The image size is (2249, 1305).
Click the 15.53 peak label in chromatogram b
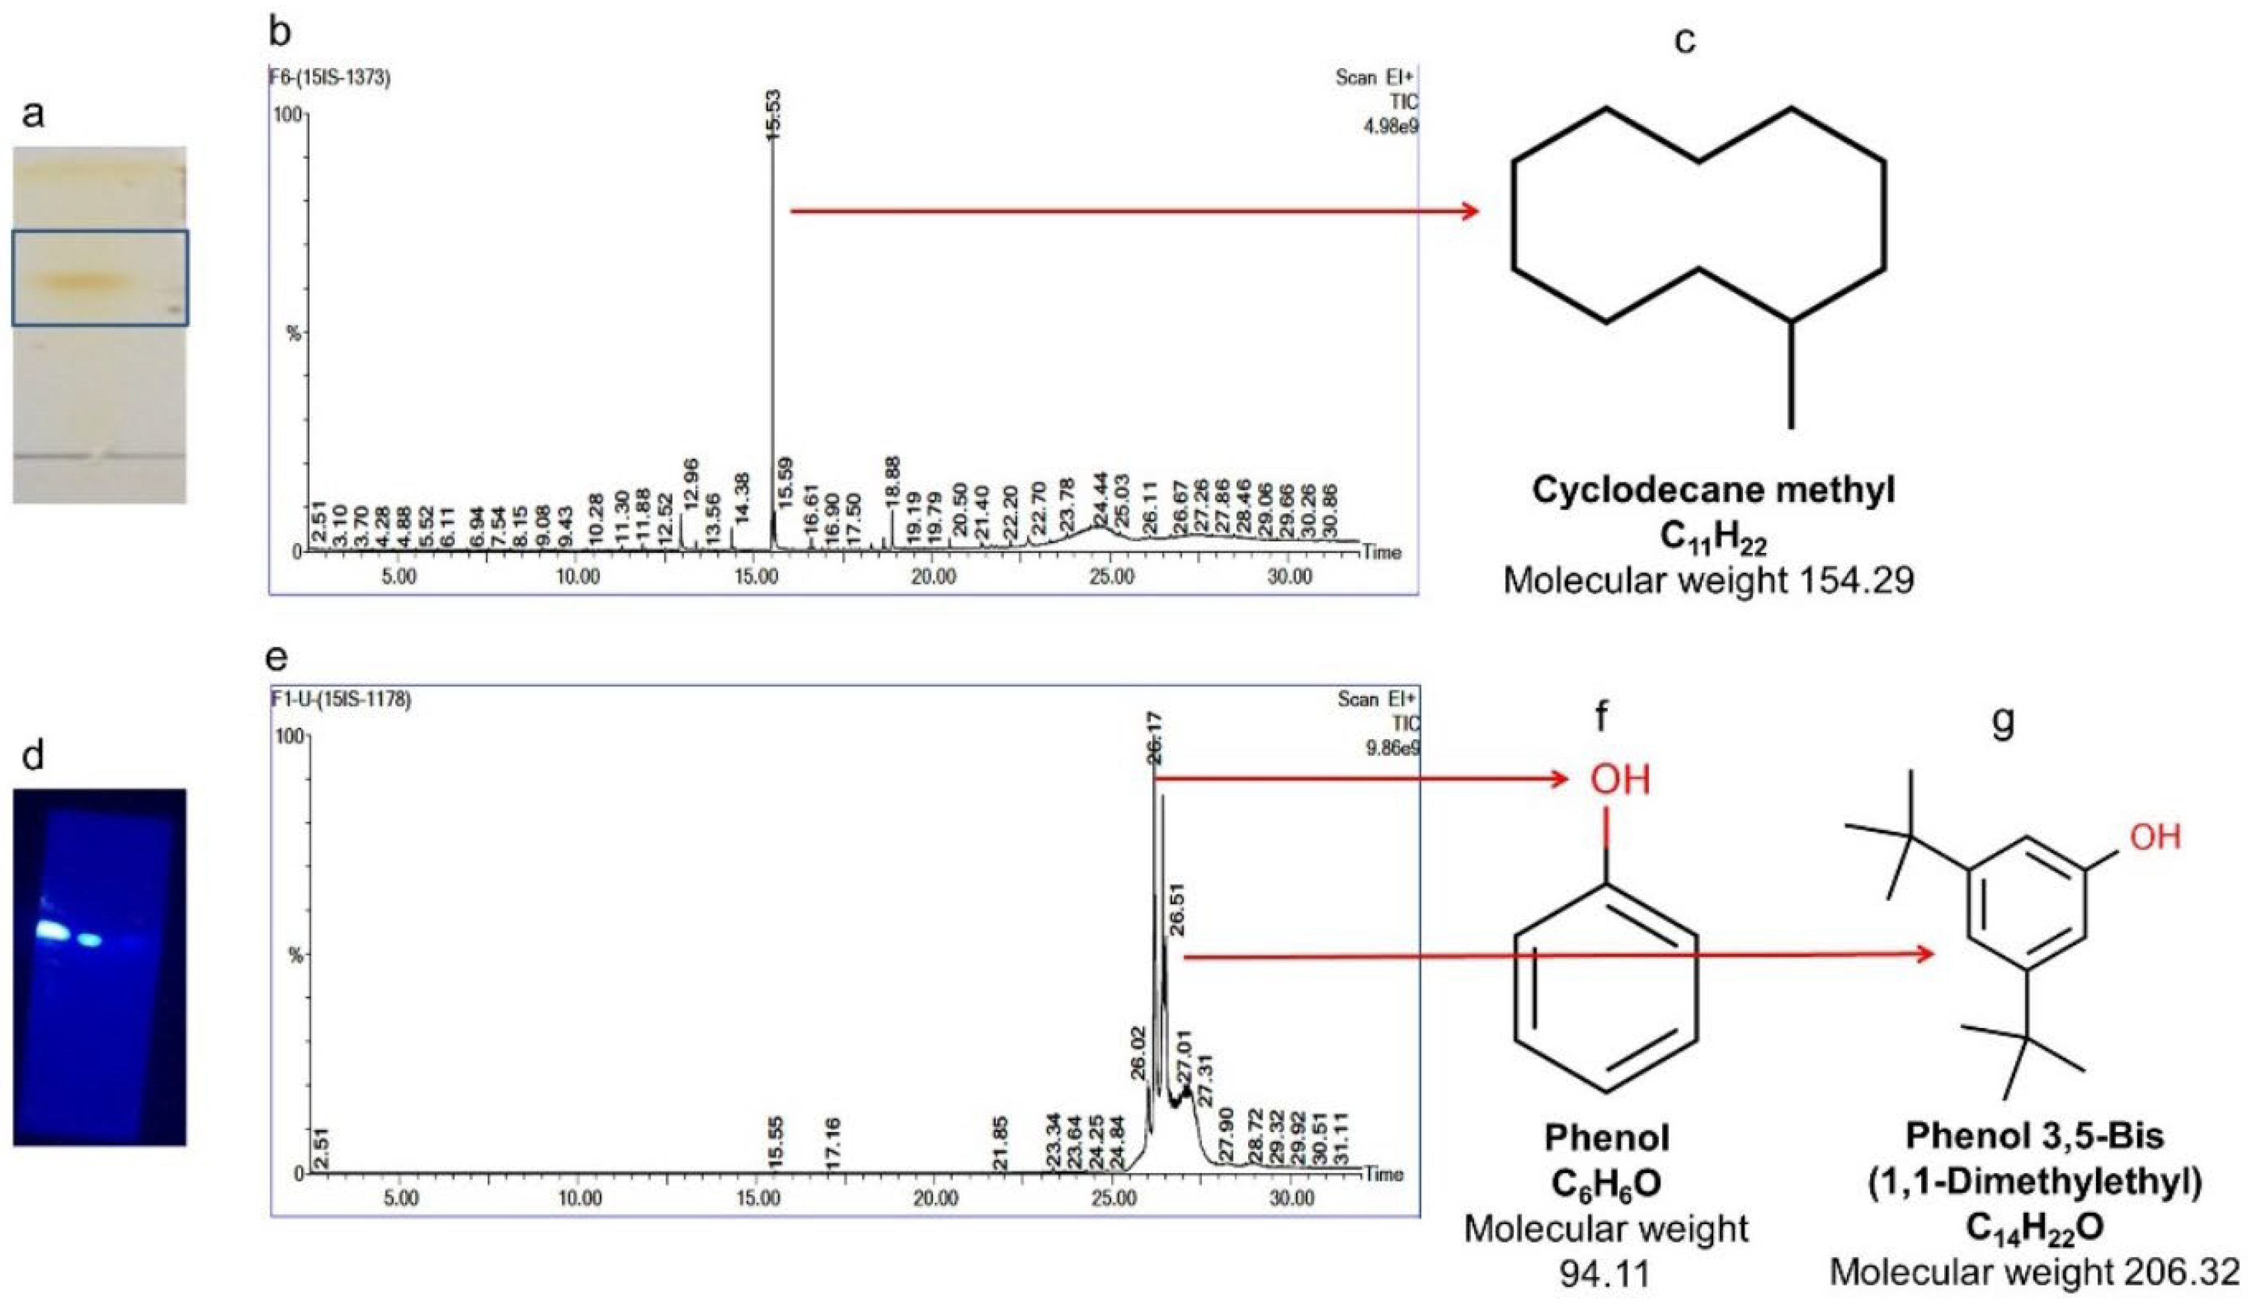tap(773, 114)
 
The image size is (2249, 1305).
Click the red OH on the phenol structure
tap(1620, 779)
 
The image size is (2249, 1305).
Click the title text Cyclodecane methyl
tap(1713, 490)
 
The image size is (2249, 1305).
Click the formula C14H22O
tap(2034, 1228)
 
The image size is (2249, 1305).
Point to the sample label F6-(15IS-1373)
tap(330, 78)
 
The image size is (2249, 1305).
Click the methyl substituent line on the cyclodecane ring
tap(1791, 375)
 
